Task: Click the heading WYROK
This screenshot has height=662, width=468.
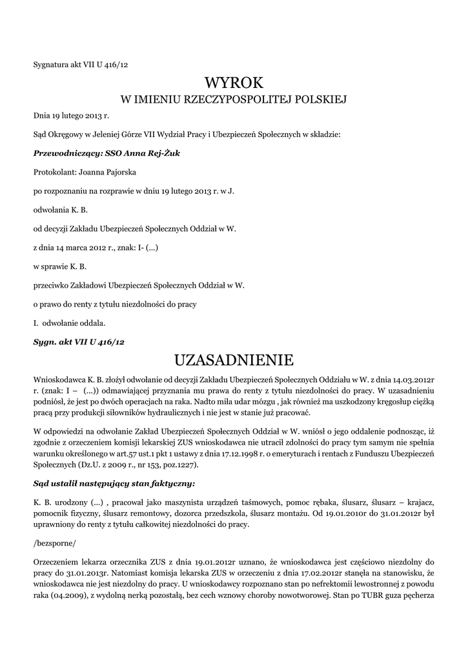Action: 234,82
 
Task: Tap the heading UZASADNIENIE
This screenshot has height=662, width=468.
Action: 234,359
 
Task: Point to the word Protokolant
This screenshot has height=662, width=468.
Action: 54,172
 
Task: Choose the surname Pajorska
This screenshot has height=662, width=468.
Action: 117,172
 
